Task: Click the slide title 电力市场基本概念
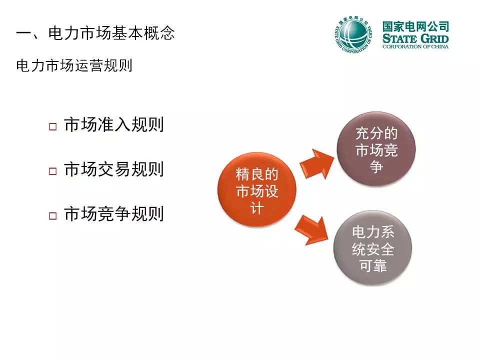[111, 33]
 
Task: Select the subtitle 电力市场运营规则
[74, 65]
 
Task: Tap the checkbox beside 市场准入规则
[52, 126]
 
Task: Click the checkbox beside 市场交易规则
[52, 171]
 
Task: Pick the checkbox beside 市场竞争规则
[52, 216]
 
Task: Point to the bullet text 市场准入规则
[114, 124]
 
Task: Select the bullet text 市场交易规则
[114, 169]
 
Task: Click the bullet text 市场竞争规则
[114, 213]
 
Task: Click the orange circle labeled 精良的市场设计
[257, 189]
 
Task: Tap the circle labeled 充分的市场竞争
[376, 148]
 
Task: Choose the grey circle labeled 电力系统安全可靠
[372, 248]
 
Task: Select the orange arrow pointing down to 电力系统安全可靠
[311, 229]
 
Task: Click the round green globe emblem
[353, 33]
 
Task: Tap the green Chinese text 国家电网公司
[415, 26]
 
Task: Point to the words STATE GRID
[415, 39]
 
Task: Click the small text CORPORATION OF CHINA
[415, 47]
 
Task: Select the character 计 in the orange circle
[257, 208]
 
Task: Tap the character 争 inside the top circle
[376, 166]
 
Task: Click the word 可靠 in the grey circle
[373, 265]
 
